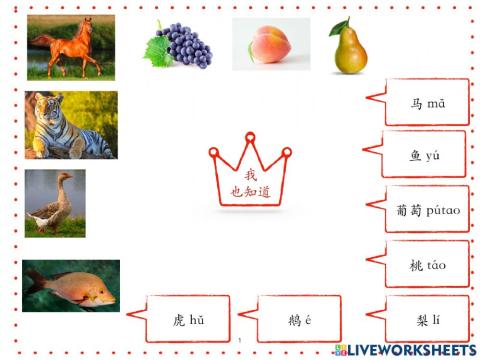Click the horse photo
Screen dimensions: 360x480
tap(71, 47)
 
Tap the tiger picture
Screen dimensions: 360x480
tap(70, 125)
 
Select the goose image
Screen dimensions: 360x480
tap(55, 203)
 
